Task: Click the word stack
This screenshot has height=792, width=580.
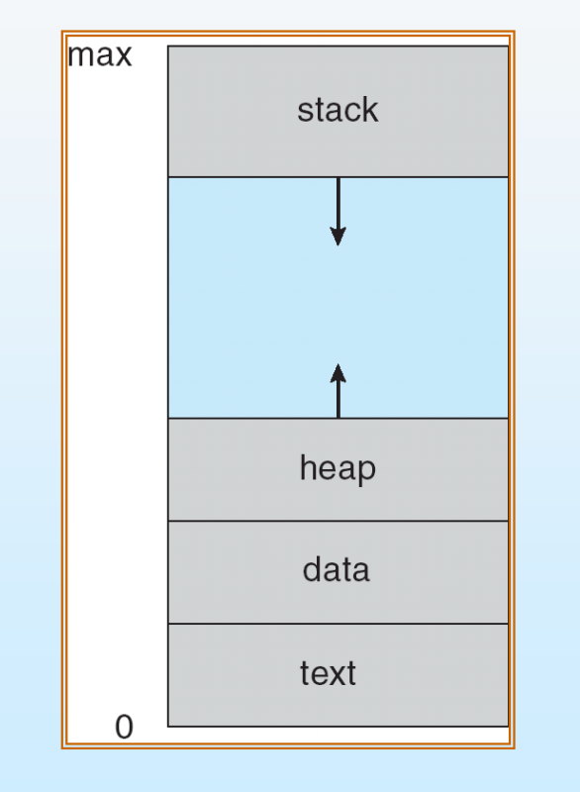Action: click(x=338, y=110)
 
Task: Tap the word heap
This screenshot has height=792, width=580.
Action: click(x=338, y=467)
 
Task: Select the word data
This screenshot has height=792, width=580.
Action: click(x=337, y=570)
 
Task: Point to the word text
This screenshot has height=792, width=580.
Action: click(x=328, y=673)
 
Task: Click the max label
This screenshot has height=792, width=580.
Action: click(x=99, y=55)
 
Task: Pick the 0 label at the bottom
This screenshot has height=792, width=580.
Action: click(x=123, y=728)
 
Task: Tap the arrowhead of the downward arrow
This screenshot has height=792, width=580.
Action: click(x=338, y=236)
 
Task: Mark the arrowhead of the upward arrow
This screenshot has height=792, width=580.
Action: click(x=338, y=372)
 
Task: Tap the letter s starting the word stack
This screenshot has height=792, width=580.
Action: click(x=304, y=111)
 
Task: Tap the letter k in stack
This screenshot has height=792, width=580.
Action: click(x=369, y=110)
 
